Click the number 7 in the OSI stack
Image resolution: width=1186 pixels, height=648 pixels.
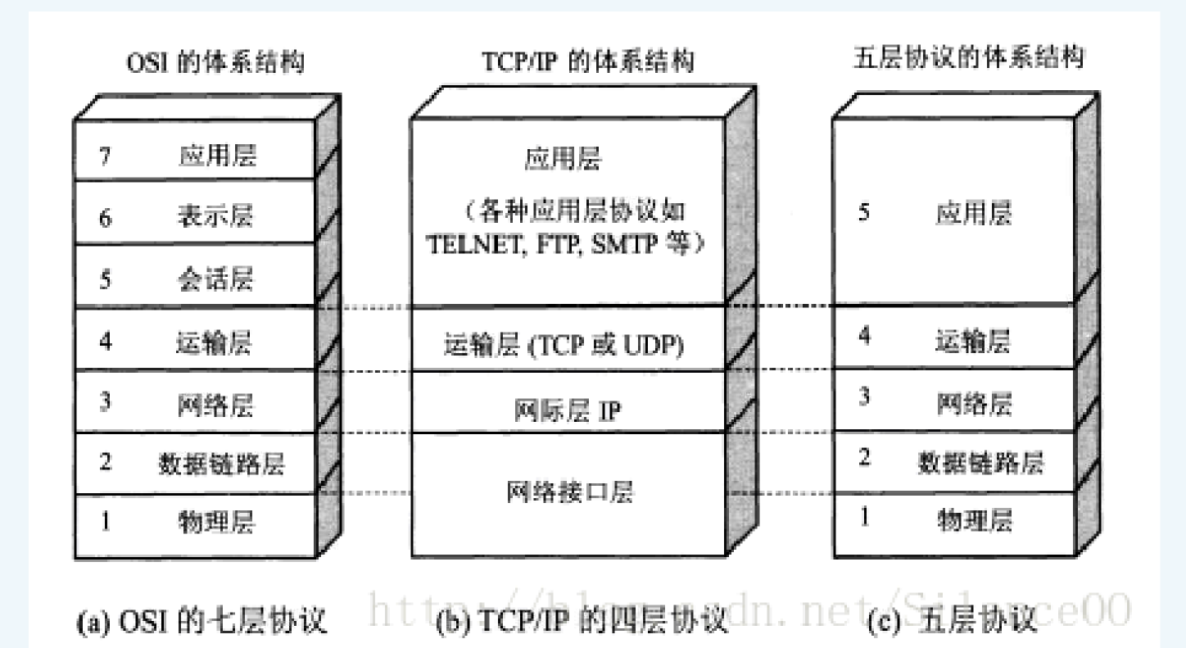coord(106,156)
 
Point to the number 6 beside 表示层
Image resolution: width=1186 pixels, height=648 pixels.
coord(106,218)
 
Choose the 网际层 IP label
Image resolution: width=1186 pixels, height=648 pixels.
coord(568,410)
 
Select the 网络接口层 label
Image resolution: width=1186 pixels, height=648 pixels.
coord(570,492)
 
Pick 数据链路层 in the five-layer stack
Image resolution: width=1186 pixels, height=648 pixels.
coord(980,464)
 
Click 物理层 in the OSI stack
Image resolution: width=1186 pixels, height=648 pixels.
coord(216,521)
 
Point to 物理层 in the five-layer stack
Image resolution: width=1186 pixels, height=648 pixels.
coord(975,519)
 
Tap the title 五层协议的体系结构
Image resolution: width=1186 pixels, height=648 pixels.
coord(969,59)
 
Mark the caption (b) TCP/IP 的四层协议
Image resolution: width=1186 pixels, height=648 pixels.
coord(582,622)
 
